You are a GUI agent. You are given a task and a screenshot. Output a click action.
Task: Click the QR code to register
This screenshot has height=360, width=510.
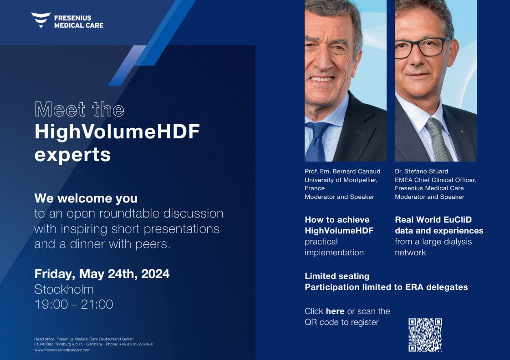pyautogui.click(x=425, y=335)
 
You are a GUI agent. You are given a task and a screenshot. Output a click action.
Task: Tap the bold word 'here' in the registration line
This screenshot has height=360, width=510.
pyautogui.click(x=335, y=311)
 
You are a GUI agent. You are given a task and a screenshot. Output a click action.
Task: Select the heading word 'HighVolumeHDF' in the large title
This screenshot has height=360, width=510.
pyautogui.click(x=117, y=132)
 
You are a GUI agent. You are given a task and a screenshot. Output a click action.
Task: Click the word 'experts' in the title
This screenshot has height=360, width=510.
pyautogui.click(x=72, y=155)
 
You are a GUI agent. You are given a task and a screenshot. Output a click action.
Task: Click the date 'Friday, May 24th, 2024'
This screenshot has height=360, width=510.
pyautogui.click(x=102, y=274)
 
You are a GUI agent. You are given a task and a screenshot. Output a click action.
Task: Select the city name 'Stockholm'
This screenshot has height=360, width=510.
pyautogui.click(x=64, y=289)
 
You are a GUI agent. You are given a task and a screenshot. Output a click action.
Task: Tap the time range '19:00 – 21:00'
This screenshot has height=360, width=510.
pyautogui.click(x=74, y=304)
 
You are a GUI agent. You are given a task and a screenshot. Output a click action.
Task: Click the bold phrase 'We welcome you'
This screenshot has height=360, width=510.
pyautogui.click(x=86, y=198)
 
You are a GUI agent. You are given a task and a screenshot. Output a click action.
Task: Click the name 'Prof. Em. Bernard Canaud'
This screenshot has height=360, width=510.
pyautogui.click(x=342, y=172)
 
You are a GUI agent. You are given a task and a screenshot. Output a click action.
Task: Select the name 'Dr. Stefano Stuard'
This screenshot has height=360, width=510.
pyautogui.click(x=421, y=172)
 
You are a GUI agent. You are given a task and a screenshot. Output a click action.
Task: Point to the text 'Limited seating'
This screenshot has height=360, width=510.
pyautogui.click(x=337, y=276)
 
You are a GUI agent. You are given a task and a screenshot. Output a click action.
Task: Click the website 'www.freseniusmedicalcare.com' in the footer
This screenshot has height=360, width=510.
pyautogui.click(x=62, y=350)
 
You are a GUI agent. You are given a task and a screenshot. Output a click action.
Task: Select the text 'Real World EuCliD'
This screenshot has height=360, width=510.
pyautogui.click(x=433, y=220)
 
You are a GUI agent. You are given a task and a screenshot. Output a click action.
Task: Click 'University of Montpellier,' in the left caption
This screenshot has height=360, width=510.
pyautogui.click(x=341, y=180)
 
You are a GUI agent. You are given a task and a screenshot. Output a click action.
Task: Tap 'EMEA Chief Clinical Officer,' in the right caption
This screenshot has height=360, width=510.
pyautogui.click(x=435, y=180)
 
